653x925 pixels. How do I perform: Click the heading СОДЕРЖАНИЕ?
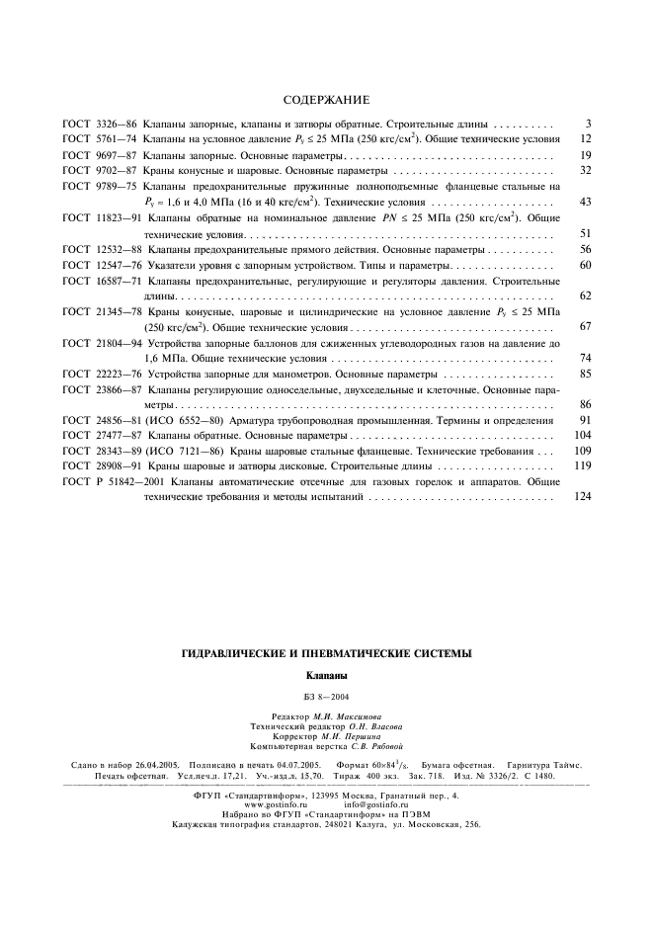click(x=326, y=101)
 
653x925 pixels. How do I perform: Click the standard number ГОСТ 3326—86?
click(x=99, y=124)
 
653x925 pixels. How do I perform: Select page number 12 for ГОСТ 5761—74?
click(x=585, y=139)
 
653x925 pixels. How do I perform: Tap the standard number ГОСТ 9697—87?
click(x=99, y=155)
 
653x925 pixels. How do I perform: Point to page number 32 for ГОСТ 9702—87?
click(x=585, y=171)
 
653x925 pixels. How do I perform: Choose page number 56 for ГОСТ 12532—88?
click(x=585, y=249)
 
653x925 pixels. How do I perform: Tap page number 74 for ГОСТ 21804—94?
click(x=585, y=358)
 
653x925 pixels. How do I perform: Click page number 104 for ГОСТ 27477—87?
click(x=582, y=436)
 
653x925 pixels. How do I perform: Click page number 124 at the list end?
click(x=582, y=497)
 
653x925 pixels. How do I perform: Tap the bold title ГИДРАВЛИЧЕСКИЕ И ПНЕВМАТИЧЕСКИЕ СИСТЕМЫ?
click(x=327, y=653)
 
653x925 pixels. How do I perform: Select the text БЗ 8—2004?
click(x=327, y=698)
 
